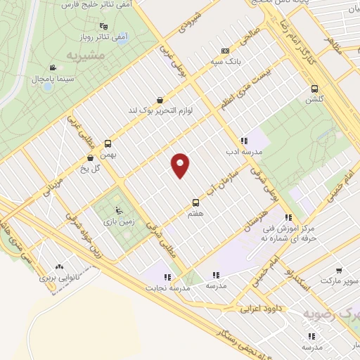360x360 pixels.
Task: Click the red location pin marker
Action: pos(181,165)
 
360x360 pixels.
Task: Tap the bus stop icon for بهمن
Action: pos(108,141)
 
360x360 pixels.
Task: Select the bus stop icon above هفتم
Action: pos(195,202)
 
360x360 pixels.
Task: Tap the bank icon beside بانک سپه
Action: pos(225,51)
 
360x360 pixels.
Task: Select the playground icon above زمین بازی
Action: pos(117,210)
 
